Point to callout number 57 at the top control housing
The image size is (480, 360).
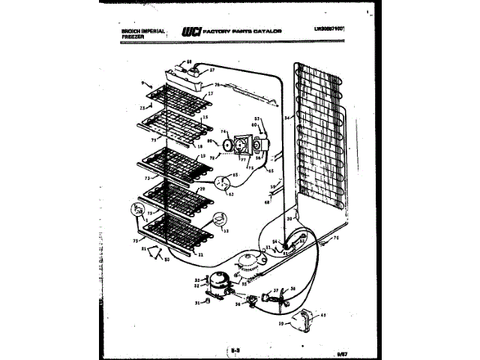point(212,68)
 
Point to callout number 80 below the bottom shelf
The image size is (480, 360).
point(166,259)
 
